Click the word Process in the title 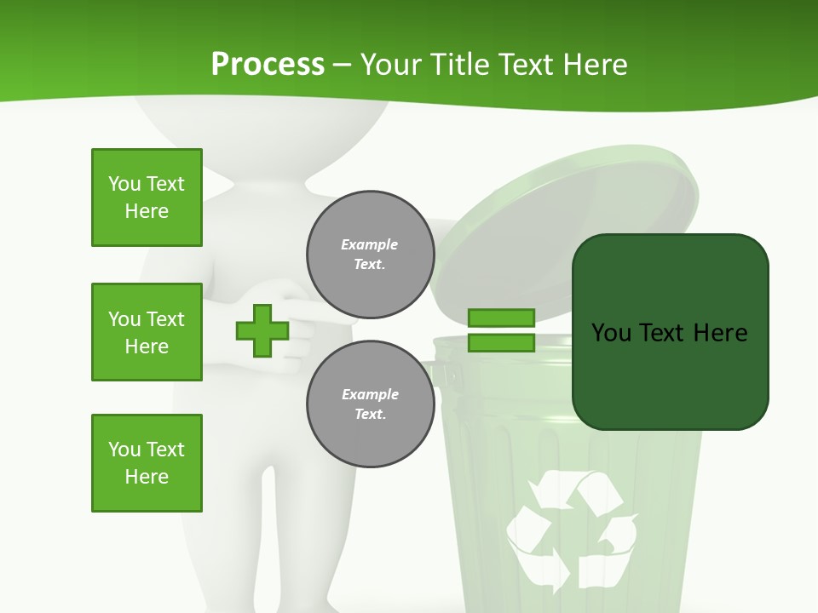[x=268, y=64]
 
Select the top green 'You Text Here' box [x=147, y=198]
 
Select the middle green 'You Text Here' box [x=147, y=332]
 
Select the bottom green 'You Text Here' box [x=147, y=463]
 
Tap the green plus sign [x=262, y=331]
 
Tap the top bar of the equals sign [x=501, y=318]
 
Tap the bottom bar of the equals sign [x=501, y=343]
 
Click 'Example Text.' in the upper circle [x=370, y=254]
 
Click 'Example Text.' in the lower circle [x=370, y=404]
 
